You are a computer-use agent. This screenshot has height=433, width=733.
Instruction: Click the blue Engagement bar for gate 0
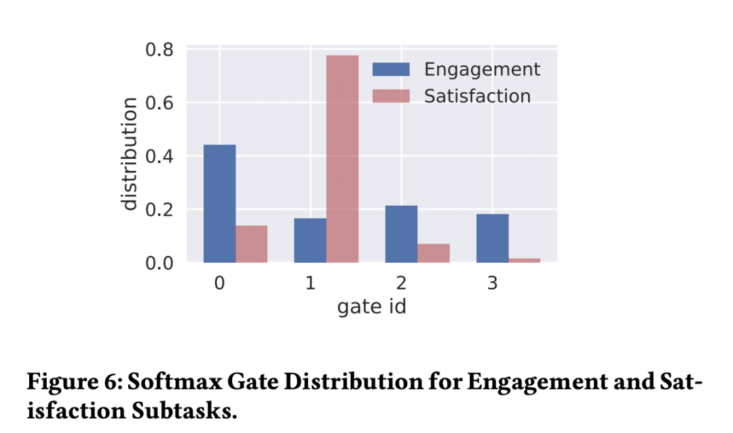coord(219,204)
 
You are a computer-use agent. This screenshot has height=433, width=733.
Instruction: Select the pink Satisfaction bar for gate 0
coord(251,244)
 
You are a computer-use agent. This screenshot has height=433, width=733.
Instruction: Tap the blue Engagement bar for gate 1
coord(310,240)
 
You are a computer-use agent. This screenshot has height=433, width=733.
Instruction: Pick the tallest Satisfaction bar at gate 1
coord(342,159)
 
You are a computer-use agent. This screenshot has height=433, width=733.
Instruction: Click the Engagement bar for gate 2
coord(401,234)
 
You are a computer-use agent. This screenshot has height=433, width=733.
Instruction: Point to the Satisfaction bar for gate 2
coord(433,253)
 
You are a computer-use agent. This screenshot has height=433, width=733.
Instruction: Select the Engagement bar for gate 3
coord(492,238)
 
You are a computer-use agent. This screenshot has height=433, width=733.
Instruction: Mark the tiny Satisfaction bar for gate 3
coord(524,260)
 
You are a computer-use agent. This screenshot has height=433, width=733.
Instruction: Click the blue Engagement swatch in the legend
coord(392,69)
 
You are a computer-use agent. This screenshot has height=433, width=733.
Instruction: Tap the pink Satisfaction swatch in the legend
coord(392,96)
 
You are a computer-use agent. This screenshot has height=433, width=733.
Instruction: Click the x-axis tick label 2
coord(402,283)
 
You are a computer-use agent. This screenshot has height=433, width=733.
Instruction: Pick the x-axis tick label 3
coord(492,283)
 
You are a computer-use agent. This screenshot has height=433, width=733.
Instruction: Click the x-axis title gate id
coord(371,307)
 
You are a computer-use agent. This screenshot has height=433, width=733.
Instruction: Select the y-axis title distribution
coord(128,155)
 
